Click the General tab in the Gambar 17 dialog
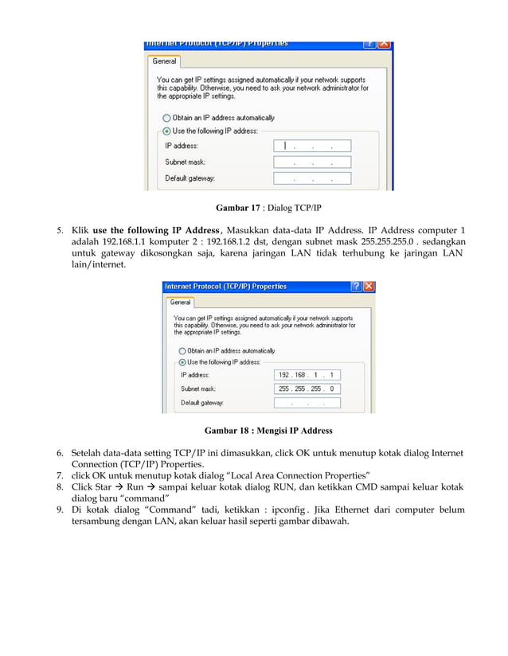coord(165,61)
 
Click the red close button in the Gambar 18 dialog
coord(369,287)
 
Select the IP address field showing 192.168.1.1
coord(307,374)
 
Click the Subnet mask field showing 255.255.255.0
coord(307,389)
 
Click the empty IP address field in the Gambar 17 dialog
coord(311,146)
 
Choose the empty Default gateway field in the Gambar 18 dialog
coord(307,403)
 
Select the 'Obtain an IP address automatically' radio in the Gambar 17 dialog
coord(166,118)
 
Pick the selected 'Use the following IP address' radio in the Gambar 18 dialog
coord(182,361)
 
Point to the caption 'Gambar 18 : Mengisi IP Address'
coord(268,431)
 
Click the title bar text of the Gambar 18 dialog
coord(225,287)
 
